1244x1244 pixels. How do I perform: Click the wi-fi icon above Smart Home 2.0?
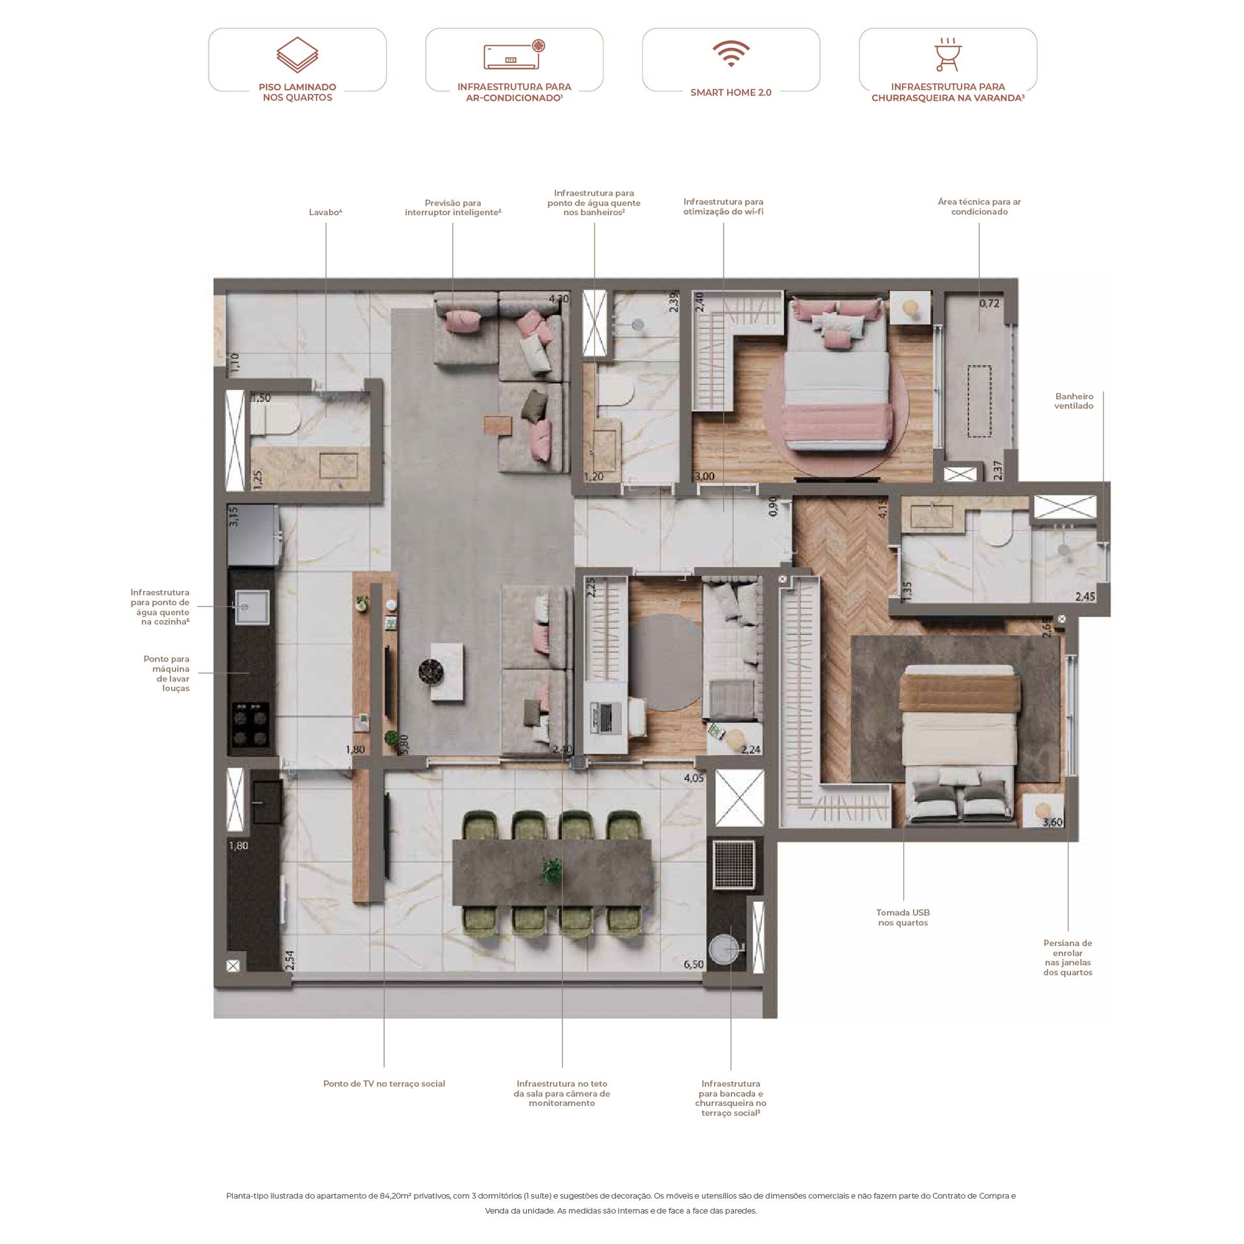tap(731, 54)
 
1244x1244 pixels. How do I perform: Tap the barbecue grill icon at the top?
tap(948, 54)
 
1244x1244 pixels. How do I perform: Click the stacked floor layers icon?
tap(297, 54)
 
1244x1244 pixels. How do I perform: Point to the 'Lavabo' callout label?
tap(325, 212)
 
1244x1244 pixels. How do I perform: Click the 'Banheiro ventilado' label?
tap(1074, 401)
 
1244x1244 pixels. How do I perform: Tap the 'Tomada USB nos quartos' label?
tap(903, 917)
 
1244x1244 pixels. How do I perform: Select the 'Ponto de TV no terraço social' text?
tap(384, 1083)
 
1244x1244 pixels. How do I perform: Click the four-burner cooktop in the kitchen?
tap(251, 725)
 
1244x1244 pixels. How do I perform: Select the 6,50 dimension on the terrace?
tap(693, 964)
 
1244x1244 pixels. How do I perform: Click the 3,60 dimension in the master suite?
tap(1052, 822)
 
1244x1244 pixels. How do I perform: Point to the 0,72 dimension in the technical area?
tap(989, 303)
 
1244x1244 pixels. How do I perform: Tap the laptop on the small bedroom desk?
tap(603, 718)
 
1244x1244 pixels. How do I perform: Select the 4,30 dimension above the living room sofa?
tap(559, 299)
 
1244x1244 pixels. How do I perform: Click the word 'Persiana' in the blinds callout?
tap(1068, 943)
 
